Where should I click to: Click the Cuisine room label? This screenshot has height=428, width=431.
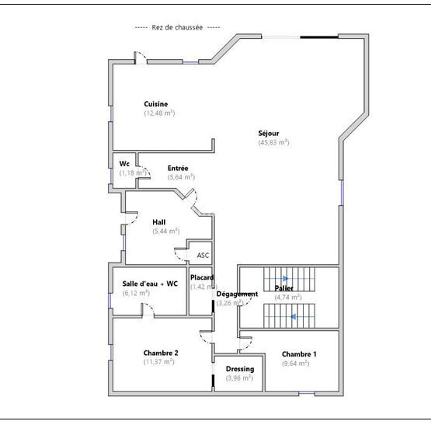click(155, 104)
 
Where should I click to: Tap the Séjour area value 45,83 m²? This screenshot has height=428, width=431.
click(273, 143)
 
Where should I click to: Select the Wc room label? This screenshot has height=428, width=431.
click(124, 164)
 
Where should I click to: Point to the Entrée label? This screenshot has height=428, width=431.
click(178, 168)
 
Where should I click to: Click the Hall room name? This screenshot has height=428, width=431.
click(158, 222)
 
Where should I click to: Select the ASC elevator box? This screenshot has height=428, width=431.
click(202, 255)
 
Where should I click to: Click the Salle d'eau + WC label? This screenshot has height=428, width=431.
click(150, 284)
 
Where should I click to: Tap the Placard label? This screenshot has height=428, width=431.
click(202, 277)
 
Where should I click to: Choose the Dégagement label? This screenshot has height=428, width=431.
click(237, 294)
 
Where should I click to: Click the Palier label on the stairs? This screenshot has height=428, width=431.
click(283, 288)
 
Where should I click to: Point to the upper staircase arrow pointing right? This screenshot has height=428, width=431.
click(285, 278)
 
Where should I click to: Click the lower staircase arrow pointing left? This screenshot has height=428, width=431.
click(293, 316)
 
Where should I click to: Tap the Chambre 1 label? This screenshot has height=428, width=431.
click(299, 353)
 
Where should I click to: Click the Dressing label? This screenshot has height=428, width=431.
click(239, 369)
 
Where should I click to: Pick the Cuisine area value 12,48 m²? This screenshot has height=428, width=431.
click(159, 113)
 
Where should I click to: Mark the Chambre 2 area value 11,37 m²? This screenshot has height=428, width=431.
click(158, 361)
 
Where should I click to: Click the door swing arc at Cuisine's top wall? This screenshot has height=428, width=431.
click(141, 57)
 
